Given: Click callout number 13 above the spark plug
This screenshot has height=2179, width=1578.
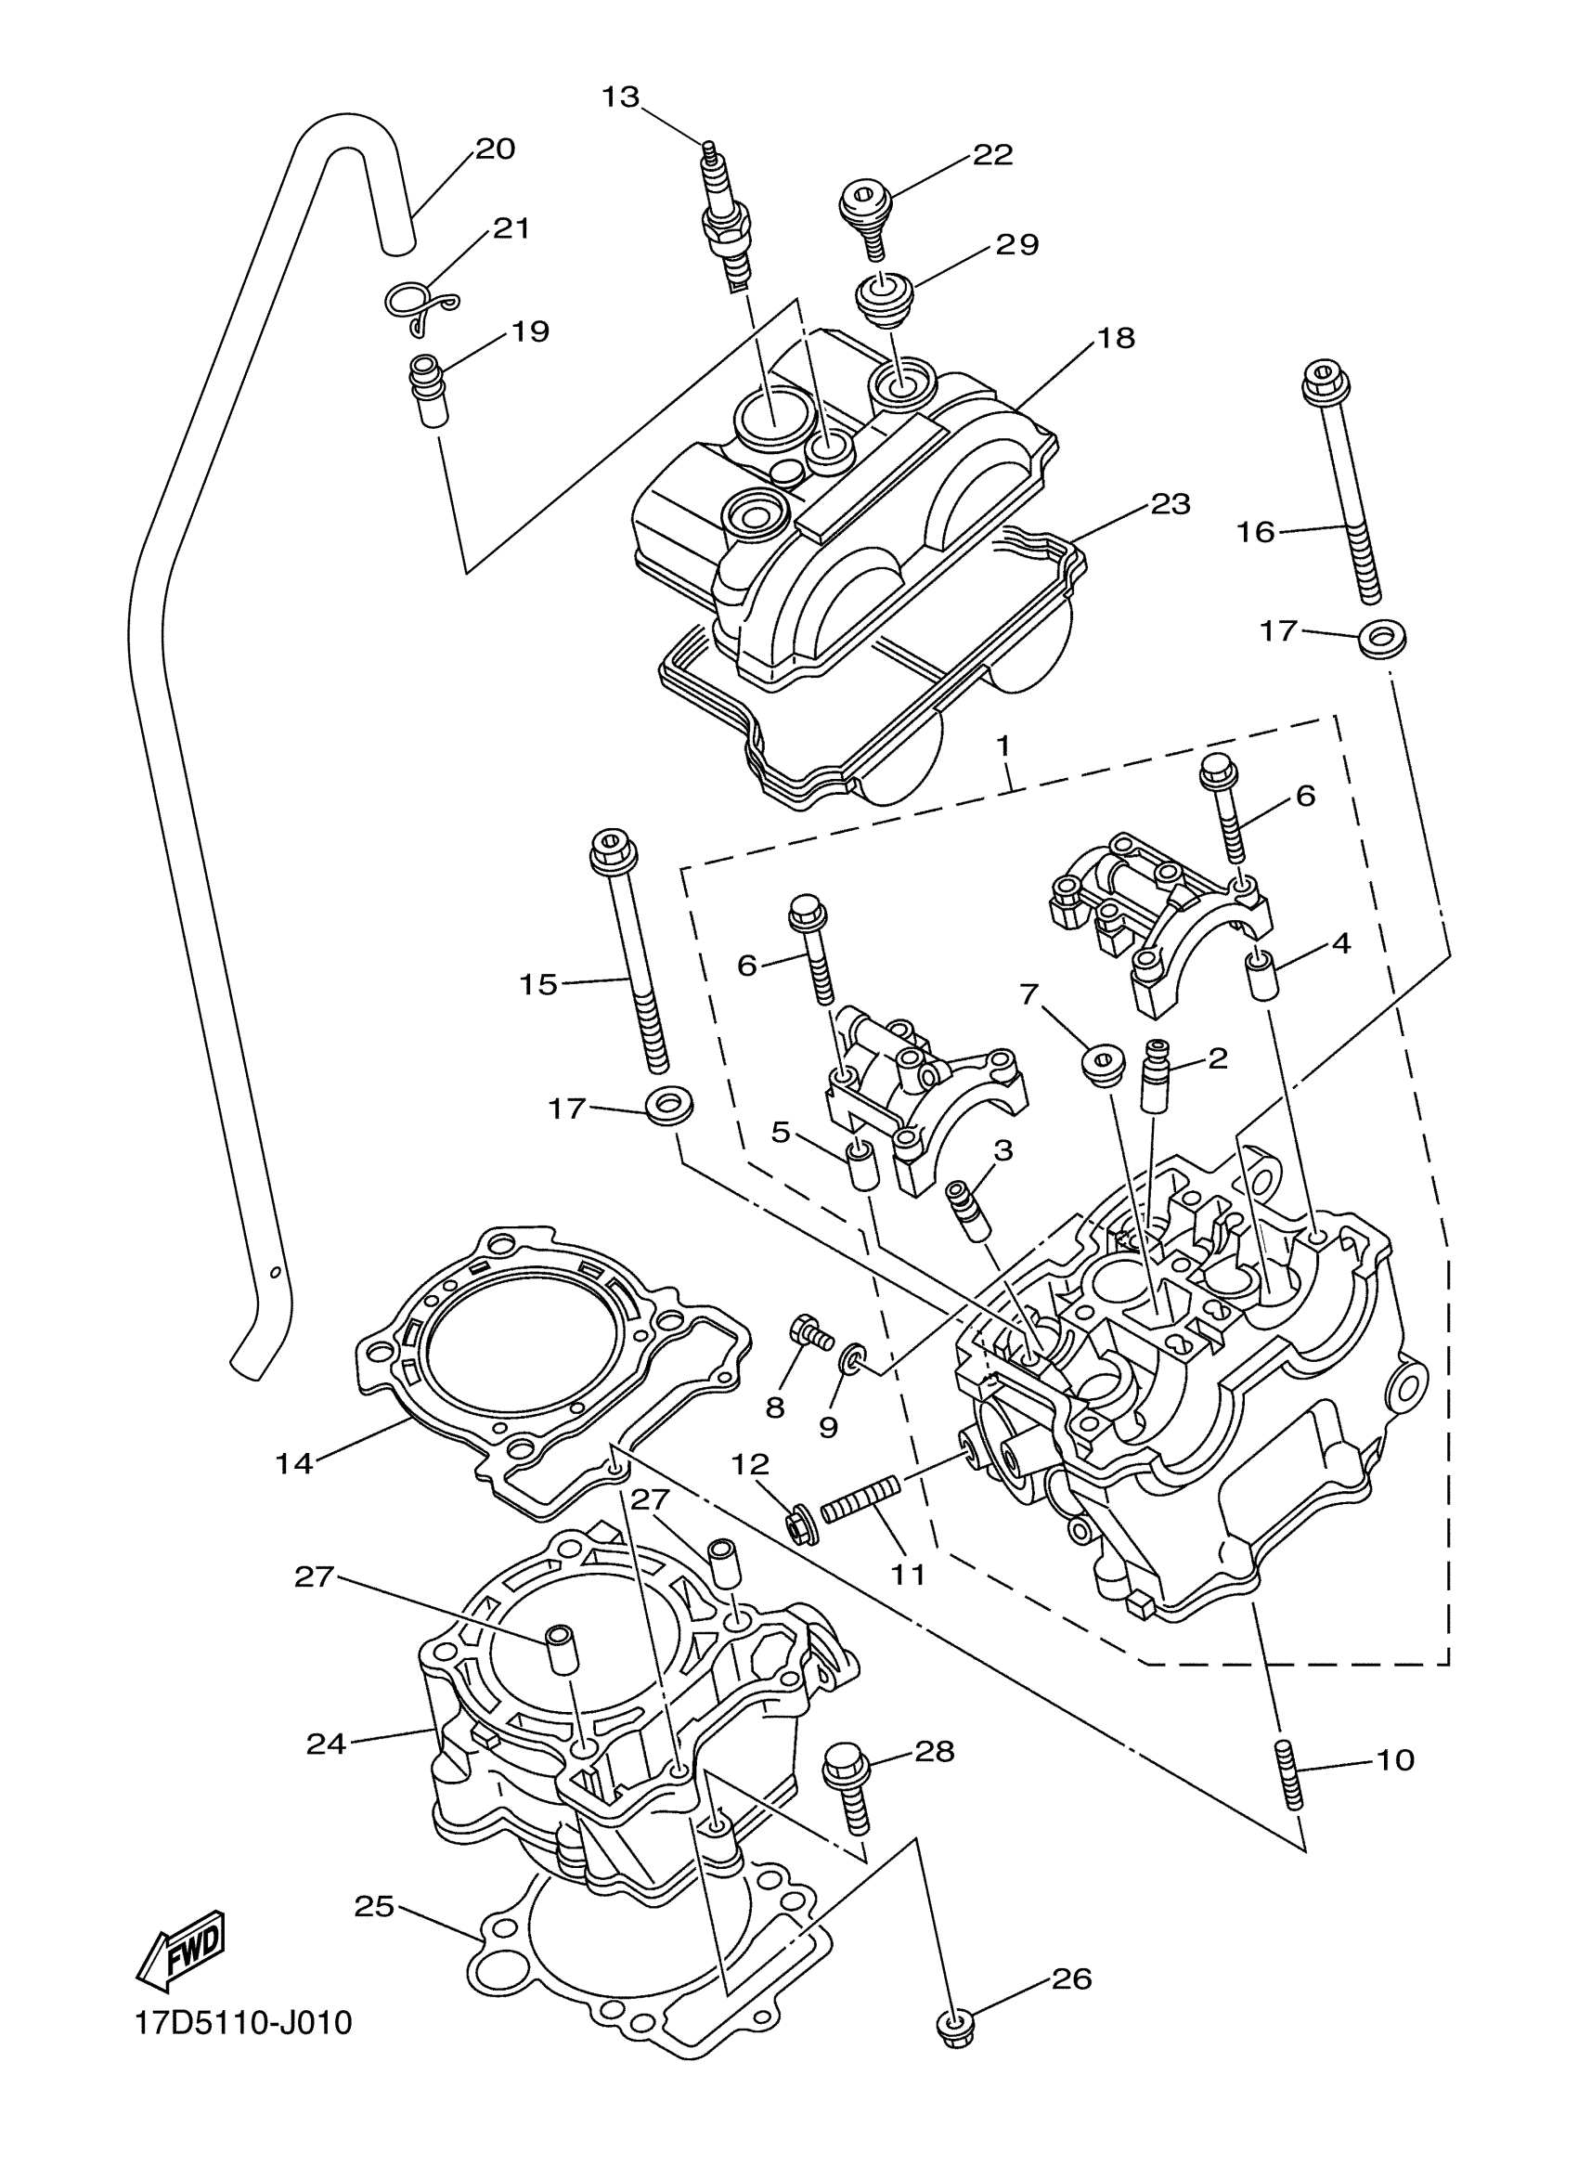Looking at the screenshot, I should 620,97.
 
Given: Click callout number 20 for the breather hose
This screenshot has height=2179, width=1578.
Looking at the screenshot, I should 496,149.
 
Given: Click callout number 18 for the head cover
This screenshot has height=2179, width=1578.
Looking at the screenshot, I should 1115,338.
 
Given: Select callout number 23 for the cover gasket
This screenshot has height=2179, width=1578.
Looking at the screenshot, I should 1171,503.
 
